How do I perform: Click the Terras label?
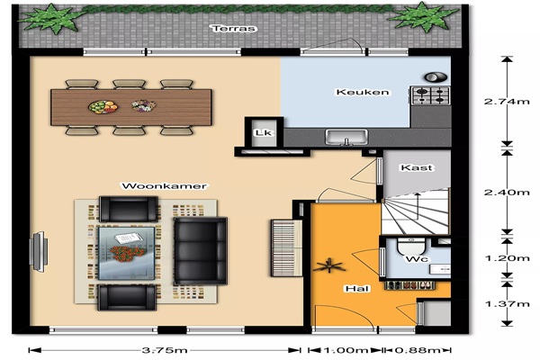[235, 28]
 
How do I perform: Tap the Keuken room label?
[363, 92]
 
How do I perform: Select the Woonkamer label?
[165, 186]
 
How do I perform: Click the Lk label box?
[264, 132]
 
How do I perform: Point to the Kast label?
[417, 167]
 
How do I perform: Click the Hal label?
[357, 289]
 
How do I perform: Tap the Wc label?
[417, 259]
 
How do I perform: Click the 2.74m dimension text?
[507, 102]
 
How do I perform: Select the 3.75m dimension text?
[165, 350]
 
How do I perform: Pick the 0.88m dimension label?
[418, 350]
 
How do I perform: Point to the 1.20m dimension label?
[507, 258]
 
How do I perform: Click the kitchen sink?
[346, 137]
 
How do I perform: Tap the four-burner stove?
[431, 95]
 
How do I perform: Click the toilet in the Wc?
[411, 246]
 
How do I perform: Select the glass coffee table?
[127, 253]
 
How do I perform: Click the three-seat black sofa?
[201, 251]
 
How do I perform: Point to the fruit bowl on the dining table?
[103, 107]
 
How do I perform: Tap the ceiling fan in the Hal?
[329, 265]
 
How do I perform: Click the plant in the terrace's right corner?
[423, 16]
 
